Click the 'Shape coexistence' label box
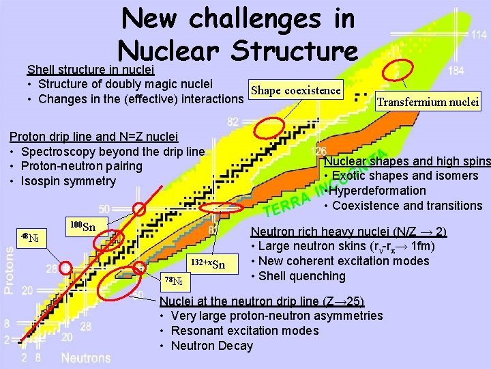pyautogui.click(x=295, y=91)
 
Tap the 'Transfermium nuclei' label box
pyautogui.click(x=429, y=102)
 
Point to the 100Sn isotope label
pyautogui.click(x=83, y=226)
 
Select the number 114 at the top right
pyautogui.click(x=479, y=34)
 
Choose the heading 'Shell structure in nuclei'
pyautogui.click(x=90, y=70)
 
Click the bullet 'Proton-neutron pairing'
pyautogui.click(x=83, y=166)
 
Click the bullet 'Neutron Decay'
pyautogui.click(x=211, y=346)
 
